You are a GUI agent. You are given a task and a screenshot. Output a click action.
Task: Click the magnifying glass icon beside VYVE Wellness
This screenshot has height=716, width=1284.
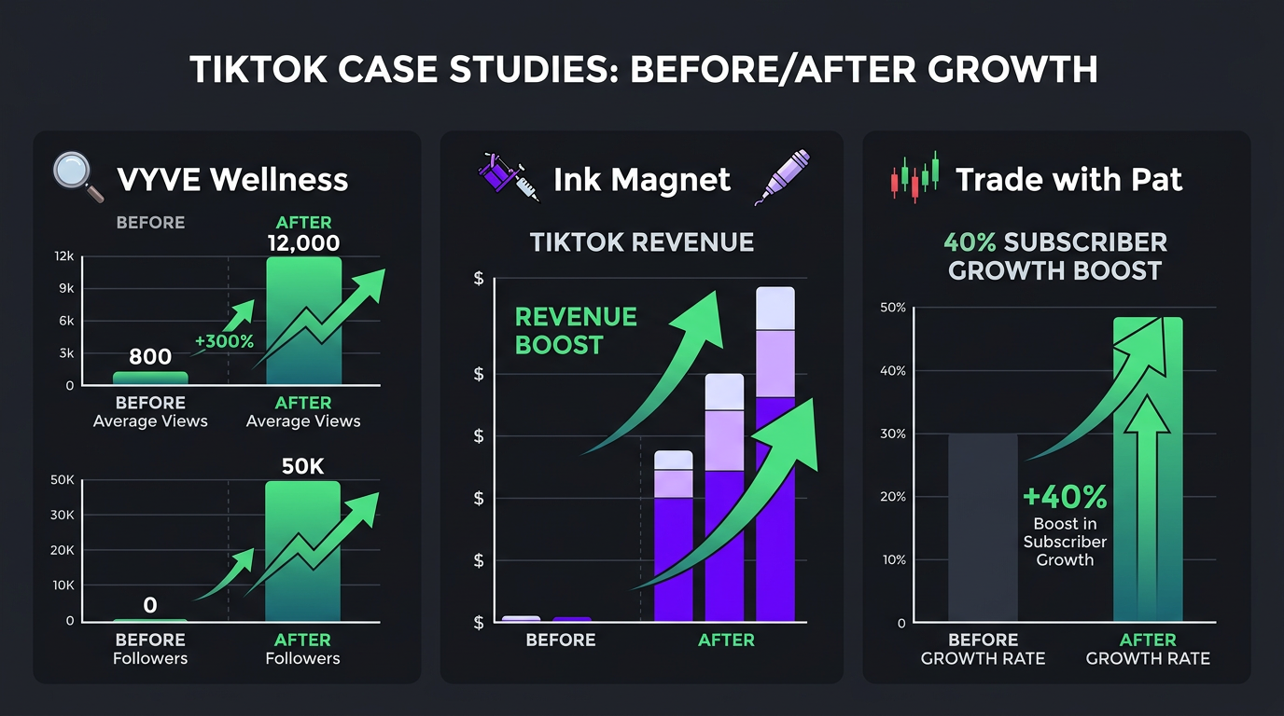[x=78, y=176]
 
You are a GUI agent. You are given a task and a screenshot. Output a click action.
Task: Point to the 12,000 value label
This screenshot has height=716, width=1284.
[x=303, y=243]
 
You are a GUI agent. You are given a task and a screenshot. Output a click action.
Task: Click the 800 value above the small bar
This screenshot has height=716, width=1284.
[x=150, y=356]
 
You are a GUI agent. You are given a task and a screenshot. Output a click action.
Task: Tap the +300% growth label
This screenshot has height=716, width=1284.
[x=224, y=341]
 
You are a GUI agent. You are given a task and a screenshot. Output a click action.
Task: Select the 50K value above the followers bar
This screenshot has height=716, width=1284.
[x=302, y=466]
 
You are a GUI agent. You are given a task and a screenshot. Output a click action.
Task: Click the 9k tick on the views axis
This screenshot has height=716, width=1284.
[x=65, y=288]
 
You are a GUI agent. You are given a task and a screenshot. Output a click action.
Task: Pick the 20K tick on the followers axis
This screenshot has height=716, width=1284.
[x=63, y=550]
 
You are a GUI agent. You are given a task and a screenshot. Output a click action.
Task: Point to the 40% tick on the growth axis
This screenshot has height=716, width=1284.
[x=893, y=371]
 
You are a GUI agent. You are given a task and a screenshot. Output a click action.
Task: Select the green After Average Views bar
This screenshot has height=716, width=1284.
[x=303, y=322]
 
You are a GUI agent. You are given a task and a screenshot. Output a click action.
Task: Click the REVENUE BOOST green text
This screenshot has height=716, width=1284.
[x=576, y=331]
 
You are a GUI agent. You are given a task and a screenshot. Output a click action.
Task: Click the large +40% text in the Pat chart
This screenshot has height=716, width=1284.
[x=1065, y=498]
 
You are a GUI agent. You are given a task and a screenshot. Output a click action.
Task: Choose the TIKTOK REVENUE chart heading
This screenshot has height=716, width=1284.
[x=641, y=242]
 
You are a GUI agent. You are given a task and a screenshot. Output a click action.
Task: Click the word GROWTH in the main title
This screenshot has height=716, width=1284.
[x=1000, y=70]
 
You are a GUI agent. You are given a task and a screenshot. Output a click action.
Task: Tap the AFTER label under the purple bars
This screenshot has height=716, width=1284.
[x=726, y=640]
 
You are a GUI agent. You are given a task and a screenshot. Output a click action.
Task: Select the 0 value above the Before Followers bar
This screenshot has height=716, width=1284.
[x=150, y=606]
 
